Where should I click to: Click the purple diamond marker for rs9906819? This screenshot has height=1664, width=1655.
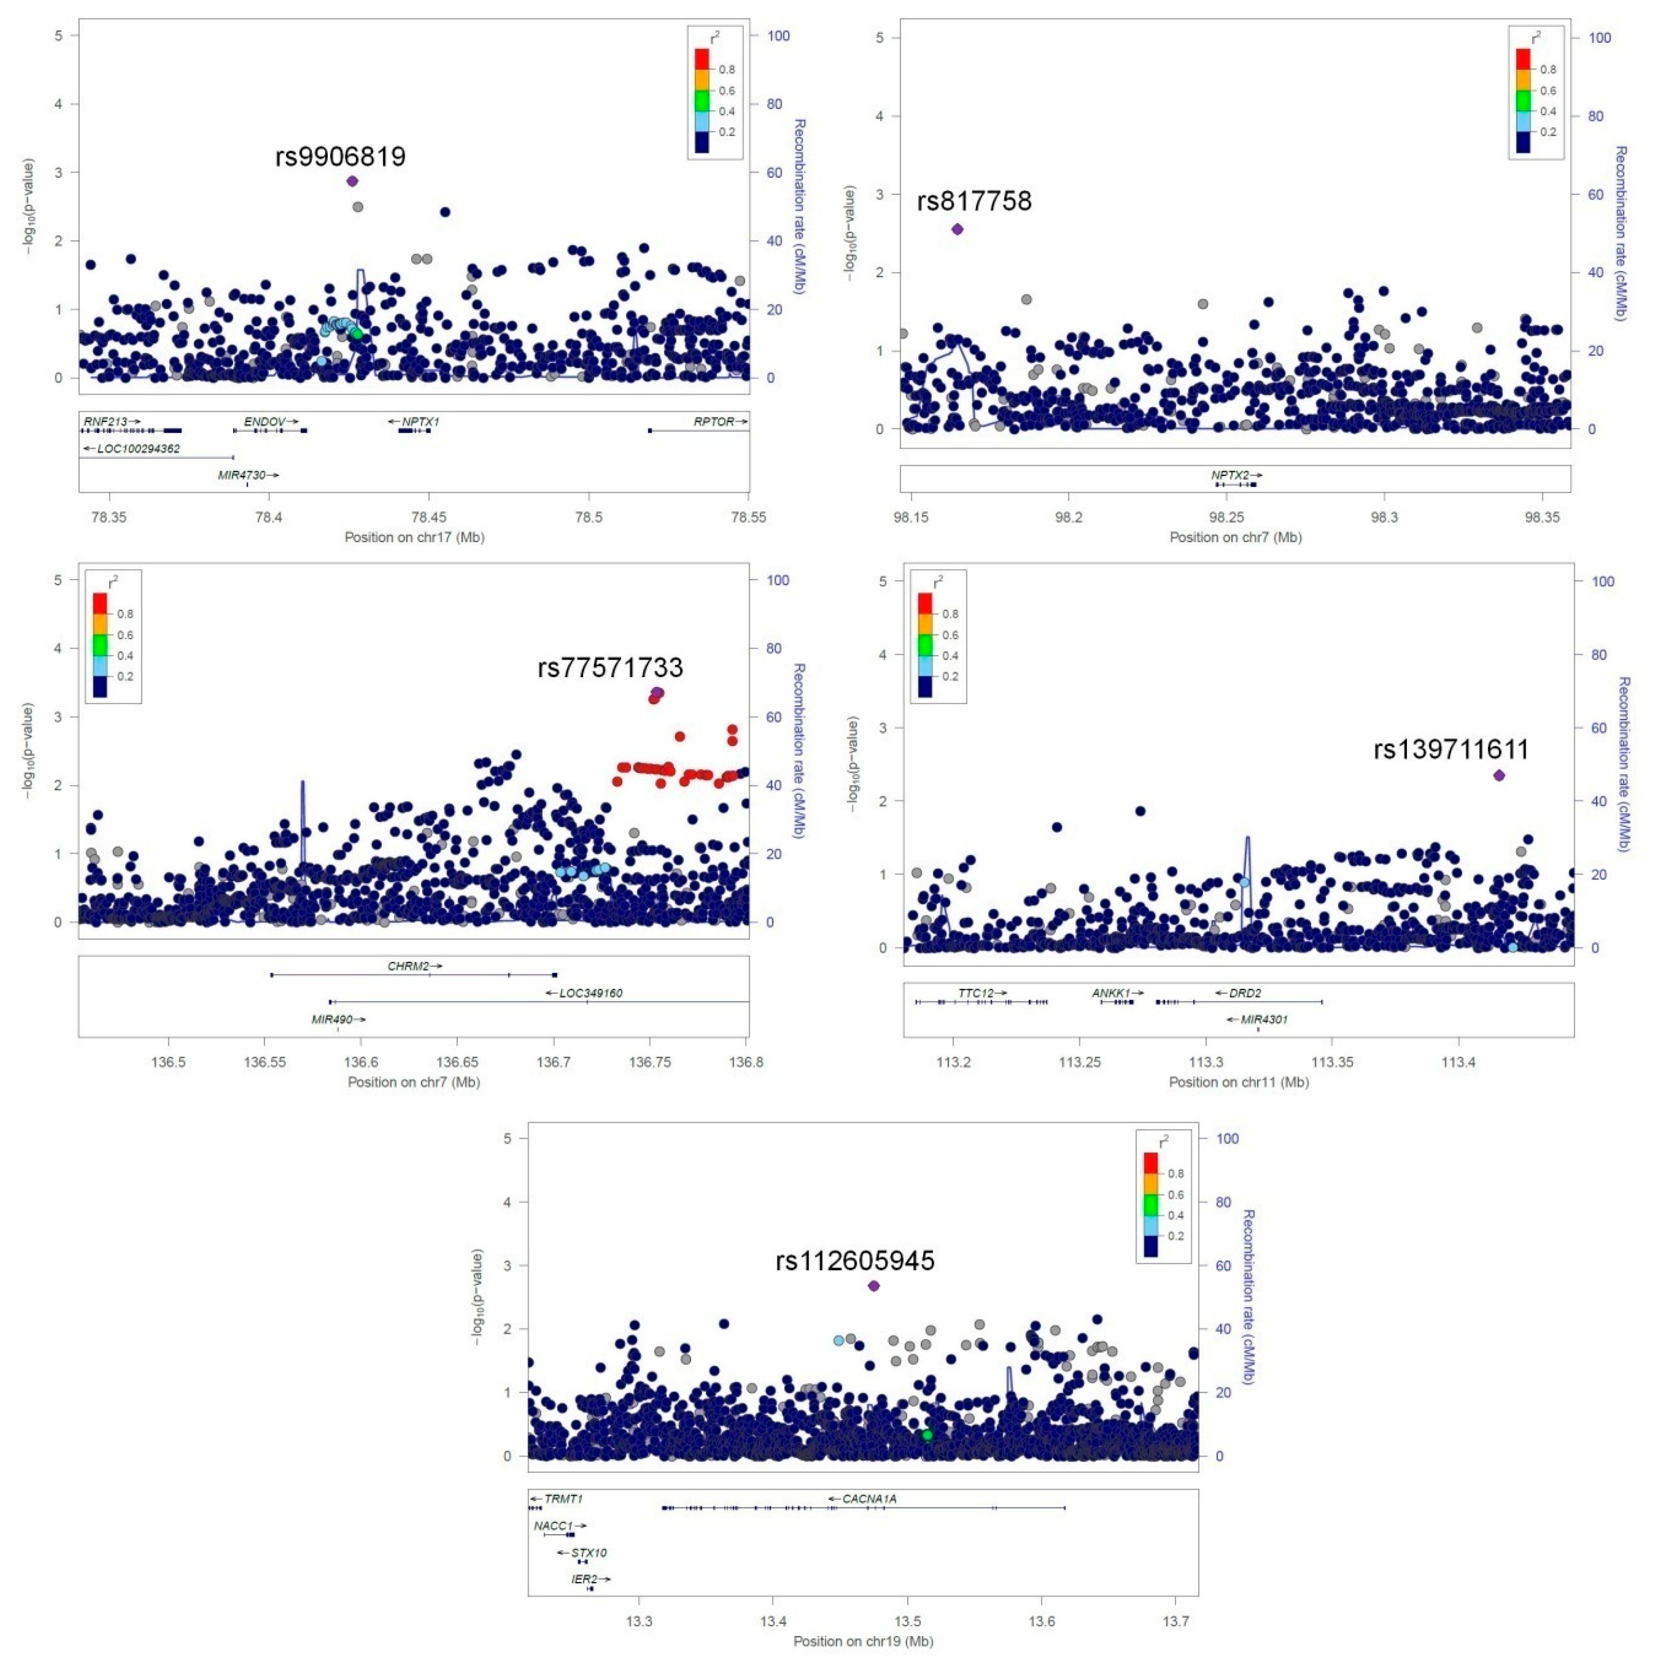coord(352,181)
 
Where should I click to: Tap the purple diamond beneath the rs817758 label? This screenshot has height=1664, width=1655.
coord(957,229)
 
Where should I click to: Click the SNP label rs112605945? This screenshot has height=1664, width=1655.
coord(855,1261)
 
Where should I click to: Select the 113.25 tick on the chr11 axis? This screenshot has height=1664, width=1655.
coord(1079,1062)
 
